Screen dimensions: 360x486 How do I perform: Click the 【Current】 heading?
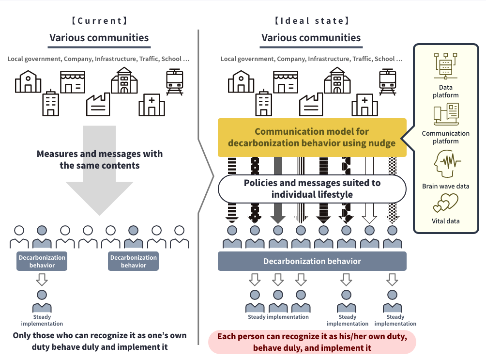[x=99, y=21]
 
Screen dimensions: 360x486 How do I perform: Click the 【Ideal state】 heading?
[x=311, y=21]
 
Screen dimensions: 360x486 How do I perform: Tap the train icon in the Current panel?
[x=174, y=81]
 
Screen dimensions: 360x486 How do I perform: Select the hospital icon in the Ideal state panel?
[x=365, y=105]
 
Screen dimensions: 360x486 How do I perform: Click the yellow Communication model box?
[x=312, y=137]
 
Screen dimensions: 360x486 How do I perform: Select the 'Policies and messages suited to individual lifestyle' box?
[x=312, y=189]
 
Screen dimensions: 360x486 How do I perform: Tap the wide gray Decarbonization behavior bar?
[x=312, y=261]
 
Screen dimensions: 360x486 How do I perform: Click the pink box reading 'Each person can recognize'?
[x=312, y=342]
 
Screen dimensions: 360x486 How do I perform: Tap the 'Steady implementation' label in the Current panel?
[x=42, y=320]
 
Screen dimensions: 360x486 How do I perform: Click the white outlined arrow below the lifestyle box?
[x=369, y=214]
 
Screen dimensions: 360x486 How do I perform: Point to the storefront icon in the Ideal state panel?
[x=285, y=82]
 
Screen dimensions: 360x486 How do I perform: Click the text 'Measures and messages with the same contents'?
[x=99, y=159]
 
